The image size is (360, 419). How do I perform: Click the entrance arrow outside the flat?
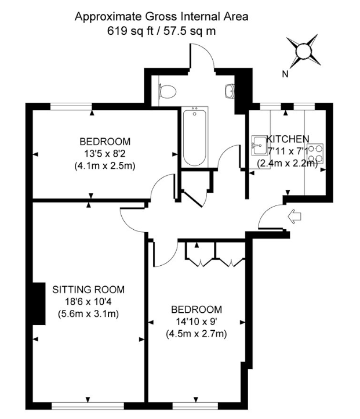296,217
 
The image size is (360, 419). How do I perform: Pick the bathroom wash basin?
230,91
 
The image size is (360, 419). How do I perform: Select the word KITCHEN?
288,139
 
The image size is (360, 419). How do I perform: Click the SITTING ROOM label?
89,289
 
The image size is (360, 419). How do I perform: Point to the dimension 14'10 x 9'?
196,322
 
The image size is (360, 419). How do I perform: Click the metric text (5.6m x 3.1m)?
89,314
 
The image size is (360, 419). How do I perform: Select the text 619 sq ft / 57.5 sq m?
162,31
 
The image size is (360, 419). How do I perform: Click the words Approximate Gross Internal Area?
162,17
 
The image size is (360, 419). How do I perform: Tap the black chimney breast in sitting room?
38,304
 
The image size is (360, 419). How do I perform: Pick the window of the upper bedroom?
71,105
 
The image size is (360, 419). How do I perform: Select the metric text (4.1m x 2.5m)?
105,165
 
